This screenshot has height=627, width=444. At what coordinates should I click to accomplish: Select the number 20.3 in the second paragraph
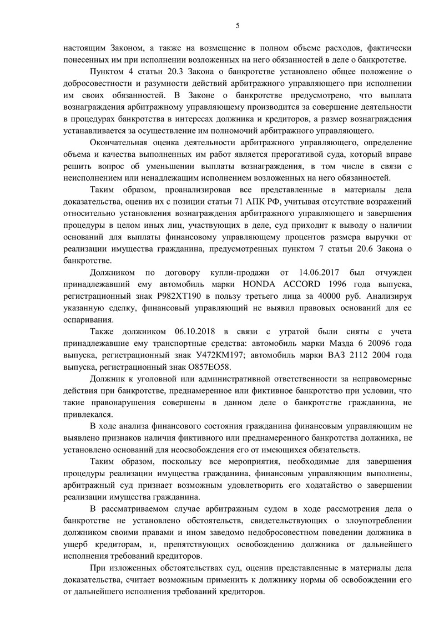click(177, 73)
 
